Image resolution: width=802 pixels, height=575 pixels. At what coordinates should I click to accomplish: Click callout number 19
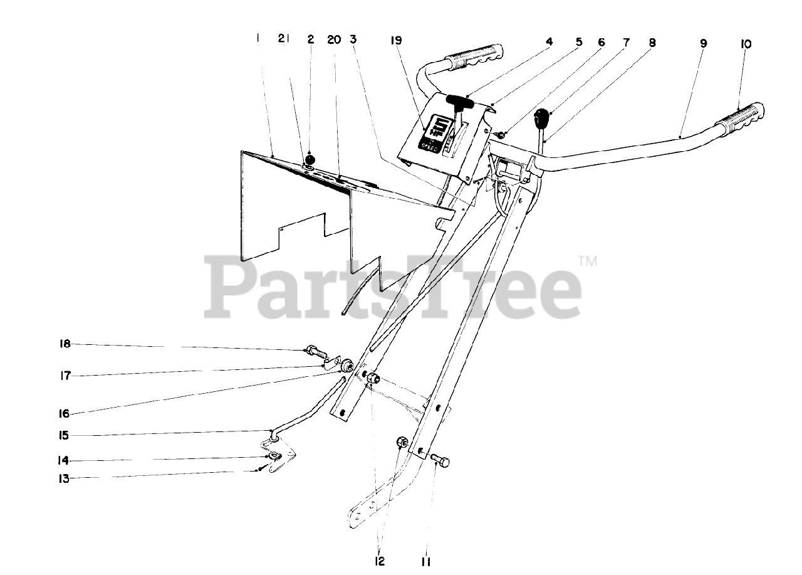[396, 41]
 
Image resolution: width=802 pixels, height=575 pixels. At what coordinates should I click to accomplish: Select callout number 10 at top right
[745, 44]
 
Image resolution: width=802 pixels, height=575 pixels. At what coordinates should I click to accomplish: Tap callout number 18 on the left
[65, 344]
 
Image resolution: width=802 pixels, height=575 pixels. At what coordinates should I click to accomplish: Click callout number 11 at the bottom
[426, 562]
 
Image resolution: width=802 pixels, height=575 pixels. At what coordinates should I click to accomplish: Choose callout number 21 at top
[284, 39]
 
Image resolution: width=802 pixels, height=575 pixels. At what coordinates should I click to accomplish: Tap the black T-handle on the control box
[462, 100]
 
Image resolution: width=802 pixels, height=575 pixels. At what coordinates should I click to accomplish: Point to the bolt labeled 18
[315, 354]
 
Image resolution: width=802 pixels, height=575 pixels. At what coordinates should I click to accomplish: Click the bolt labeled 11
[440, 462]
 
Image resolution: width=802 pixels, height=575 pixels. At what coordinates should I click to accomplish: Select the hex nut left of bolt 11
[402, 443]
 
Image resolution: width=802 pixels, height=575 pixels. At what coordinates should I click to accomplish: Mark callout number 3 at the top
[353, 39]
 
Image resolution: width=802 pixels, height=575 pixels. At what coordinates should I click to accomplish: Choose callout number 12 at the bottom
[380, 562]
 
